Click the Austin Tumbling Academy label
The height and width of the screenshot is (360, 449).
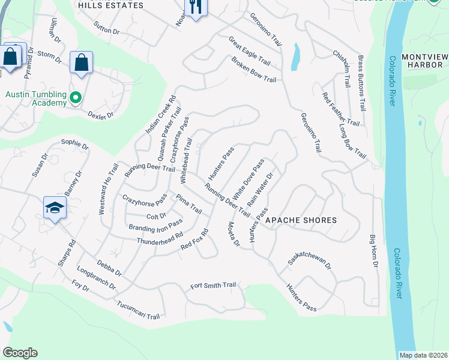click(x=35, y=98)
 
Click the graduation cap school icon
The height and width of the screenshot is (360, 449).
click(x=55, y=208)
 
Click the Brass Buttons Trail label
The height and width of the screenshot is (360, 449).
click(x=361, y=83)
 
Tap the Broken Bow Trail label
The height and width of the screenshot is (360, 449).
click(x=253, y=71)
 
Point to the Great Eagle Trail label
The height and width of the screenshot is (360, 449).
click(x=250, y=50)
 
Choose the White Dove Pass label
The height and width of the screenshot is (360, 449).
click(x=249, y=179)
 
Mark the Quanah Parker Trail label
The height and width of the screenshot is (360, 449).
click(x=167, y=134)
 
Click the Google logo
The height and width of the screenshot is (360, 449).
click(x=20, y=353)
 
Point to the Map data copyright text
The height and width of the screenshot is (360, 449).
click(x=423, y=355)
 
